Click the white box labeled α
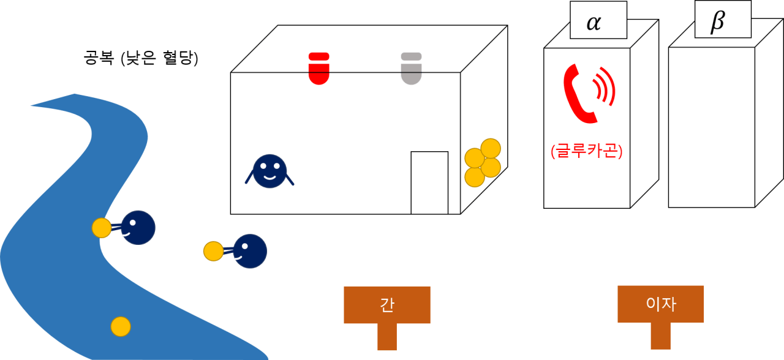[x=598, y=20]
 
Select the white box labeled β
[x=723, y=20]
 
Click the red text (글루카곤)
[x=586, y=151]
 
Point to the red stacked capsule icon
[x=318, y=68]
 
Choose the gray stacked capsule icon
[x=411, y=68]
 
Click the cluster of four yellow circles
[x=482, y=163]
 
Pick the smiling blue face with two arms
[x=269, y=171]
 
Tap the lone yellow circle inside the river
[x=121, y=326]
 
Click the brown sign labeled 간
[x=386, y=304]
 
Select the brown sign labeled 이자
[x=660, y=304]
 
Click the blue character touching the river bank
[x=137, y=228]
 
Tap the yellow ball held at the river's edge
[x=102, y=228]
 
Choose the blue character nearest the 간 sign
[x=249, y=251]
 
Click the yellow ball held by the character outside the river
[x=213, y=251]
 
